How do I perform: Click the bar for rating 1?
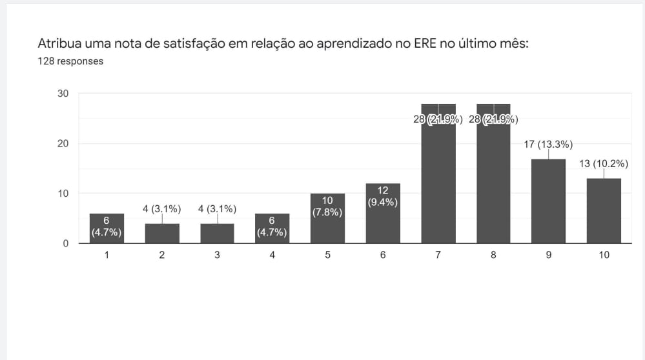(107, 228)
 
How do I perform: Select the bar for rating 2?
(162, 234)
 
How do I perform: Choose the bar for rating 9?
(549, 201)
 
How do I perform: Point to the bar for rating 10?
(604, 211)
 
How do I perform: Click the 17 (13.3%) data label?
(548, 144)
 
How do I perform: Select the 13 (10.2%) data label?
(604, 163)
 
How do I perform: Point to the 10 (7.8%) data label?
(327, 206)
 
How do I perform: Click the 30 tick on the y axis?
(63, 94)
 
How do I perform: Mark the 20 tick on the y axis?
(63, 143)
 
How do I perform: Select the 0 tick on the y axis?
(66, 244)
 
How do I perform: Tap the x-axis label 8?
(493, 255)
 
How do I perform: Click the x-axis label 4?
(272, 255)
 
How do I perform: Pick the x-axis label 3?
(217, 255)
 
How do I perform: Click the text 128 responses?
(70, 61)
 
